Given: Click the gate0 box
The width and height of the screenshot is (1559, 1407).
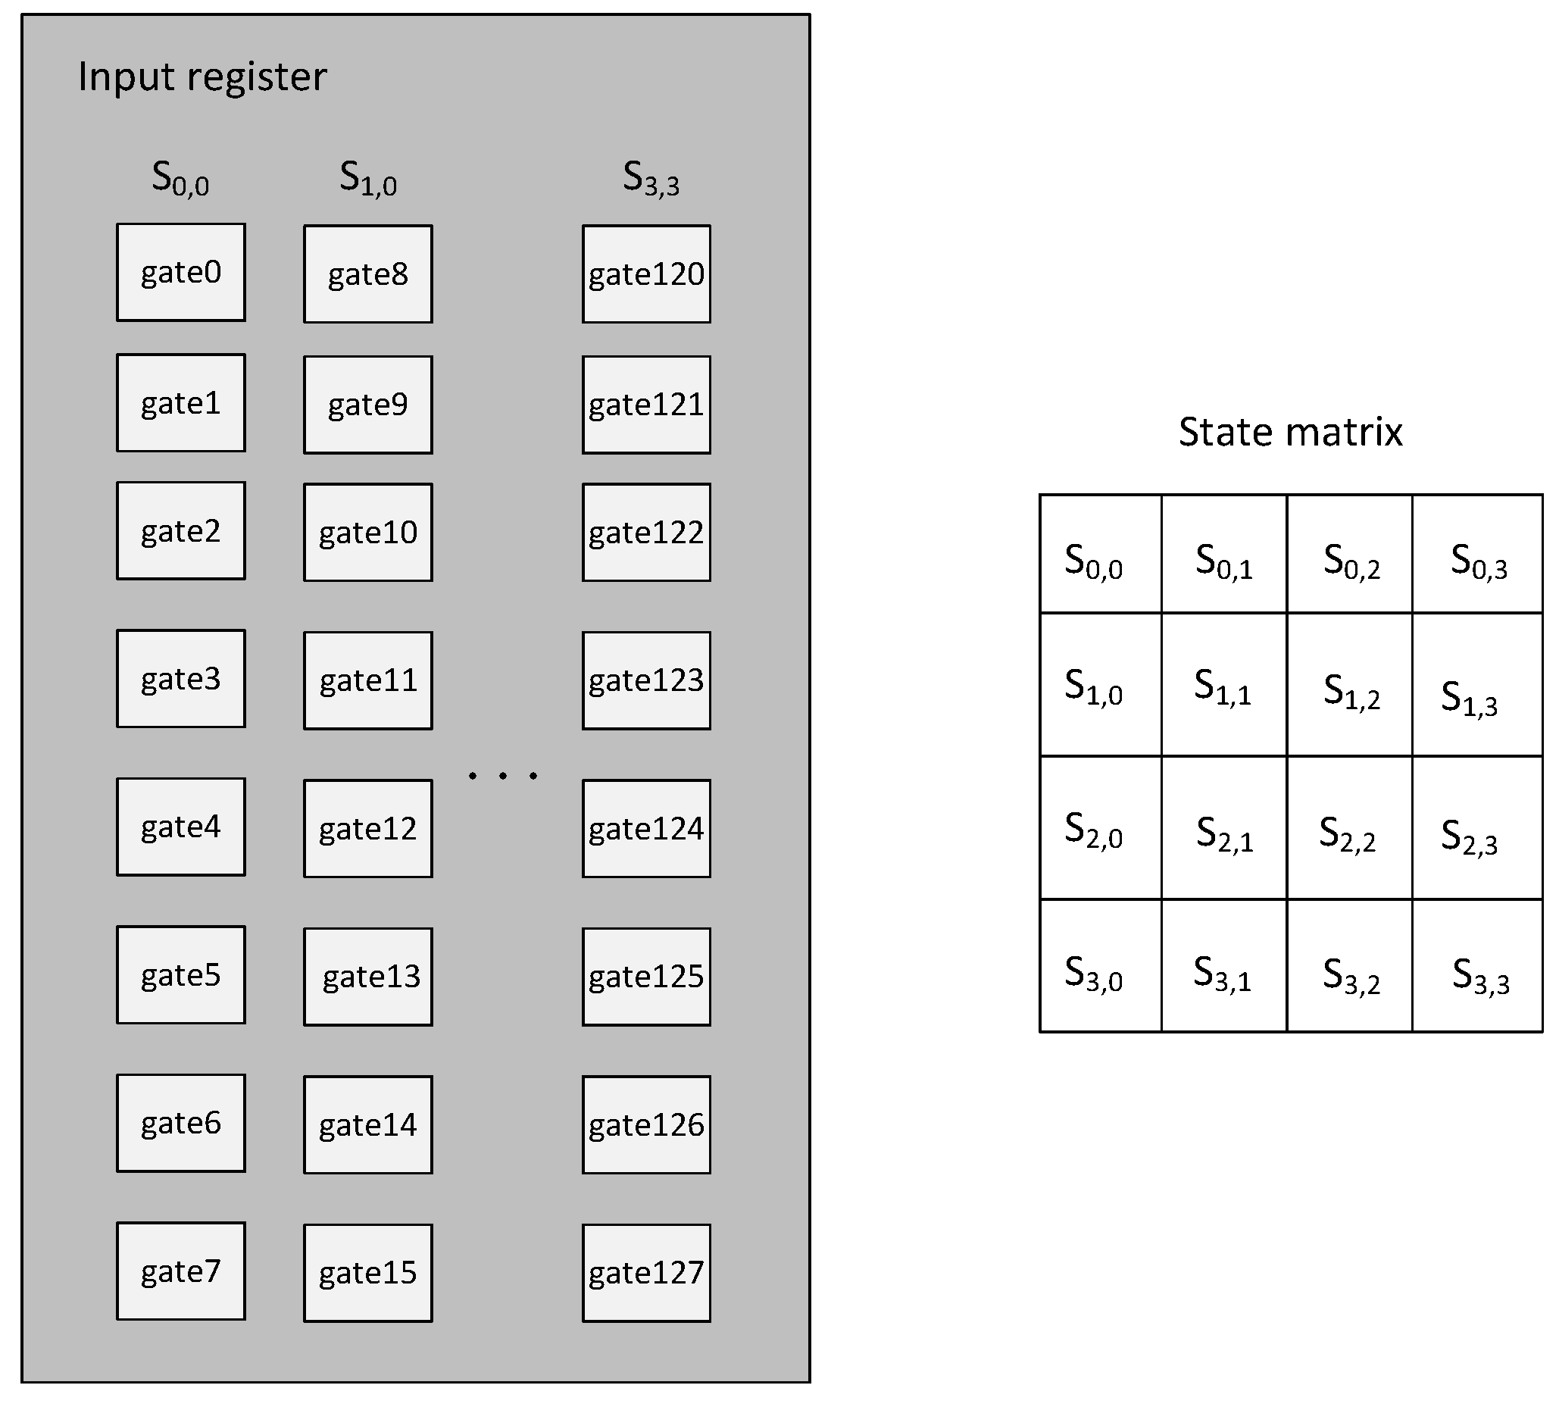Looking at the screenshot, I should [x=180, y=272].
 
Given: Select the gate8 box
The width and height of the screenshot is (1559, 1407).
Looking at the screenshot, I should [x=367, y=274].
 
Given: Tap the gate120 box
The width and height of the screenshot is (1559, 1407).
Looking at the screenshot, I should [x=645, y=274].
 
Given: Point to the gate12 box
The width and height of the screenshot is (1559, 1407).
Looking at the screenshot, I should [x=367, y=828].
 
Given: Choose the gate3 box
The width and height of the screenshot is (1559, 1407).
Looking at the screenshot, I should [x=180, y=678].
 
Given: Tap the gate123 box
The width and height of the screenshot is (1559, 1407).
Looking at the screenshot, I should [x=645, y=680].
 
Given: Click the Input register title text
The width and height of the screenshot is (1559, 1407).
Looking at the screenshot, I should [x=202, y=77].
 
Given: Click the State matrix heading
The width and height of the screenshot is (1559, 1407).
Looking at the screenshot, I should [x=1289, y=431].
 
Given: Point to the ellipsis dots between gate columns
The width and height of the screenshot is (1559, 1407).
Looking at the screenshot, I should [x=502, y=774].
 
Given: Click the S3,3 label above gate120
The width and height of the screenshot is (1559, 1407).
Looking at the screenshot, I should [x=650, y=179].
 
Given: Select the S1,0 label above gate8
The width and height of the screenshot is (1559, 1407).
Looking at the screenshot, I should [x=368, y=179].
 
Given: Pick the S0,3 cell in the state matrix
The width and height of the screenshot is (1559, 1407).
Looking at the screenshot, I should [x=1476, y=554].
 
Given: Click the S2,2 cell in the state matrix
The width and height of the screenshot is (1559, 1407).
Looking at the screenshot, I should [x=1348, y=827].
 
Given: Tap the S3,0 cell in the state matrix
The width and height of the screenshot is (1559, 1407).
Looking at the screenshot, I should [x=1100, y=965].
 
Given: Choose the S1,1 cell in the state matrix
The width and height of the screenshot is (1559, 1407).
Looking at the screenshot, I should [x=1223, y=684].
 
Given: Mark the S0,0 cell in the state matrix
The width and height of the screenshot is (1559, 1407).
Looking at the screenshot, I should [x=1100, y=554].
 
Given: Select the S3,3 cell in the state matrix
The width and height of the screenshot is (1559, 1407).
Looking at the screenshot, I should [x=1476, y=965].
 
